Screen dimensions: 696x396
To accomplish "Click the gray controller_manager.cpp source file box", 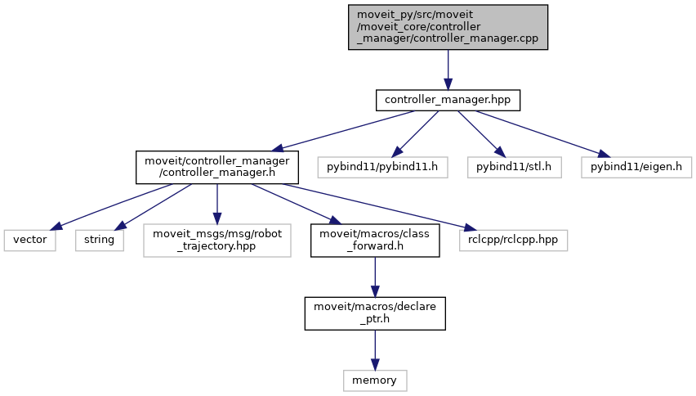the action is [448, 27].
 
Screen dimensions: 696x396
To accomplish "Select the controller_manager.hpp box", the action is [448, 101].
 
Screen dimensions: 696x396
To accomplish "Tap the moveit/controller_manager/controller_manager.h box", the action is [217, 167].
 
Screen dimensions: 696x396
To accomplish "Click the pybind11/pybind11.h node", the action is [382, 167].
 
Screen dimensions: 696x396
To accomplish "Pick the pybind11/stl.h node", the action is [514, 167].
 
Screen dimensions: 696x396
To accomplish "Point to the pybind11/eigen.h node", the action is [636, 167].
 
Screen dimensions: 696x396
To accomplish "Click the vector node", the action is [30, 240].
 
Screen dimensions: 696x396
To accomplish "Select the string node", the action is [100, 240].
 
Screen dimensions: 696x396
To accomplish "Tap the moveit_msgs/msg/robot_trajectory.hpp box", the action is [217, 241].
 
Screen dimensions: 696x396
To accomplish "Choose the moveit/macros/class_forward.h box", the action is [375, 241].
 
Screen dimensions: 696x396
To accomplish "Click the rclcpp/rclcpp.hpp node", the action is [513, 240].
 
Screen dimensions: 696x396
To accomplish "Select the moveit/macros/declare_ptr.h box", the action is [375, 313].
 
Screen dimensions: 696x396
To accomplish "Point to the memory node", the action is [375, 380].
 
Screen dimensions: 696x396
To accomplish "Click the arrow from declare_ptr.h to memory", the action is [375, 350].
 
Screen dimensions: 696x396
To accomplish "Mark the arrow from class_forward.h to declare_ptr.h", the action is [375, 277].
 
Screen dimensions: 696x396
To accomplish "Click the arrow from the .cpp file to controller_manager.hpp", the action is [448, 70].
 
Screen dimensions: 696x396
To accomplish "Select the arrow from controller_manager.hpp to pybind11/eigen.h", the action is [543, 134].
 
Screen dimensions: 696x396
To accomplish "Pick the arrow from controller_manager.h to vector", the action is [111, 207].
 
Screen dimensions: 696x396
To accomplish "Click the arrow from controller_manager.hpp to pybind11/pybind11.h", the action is [415, 134].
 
